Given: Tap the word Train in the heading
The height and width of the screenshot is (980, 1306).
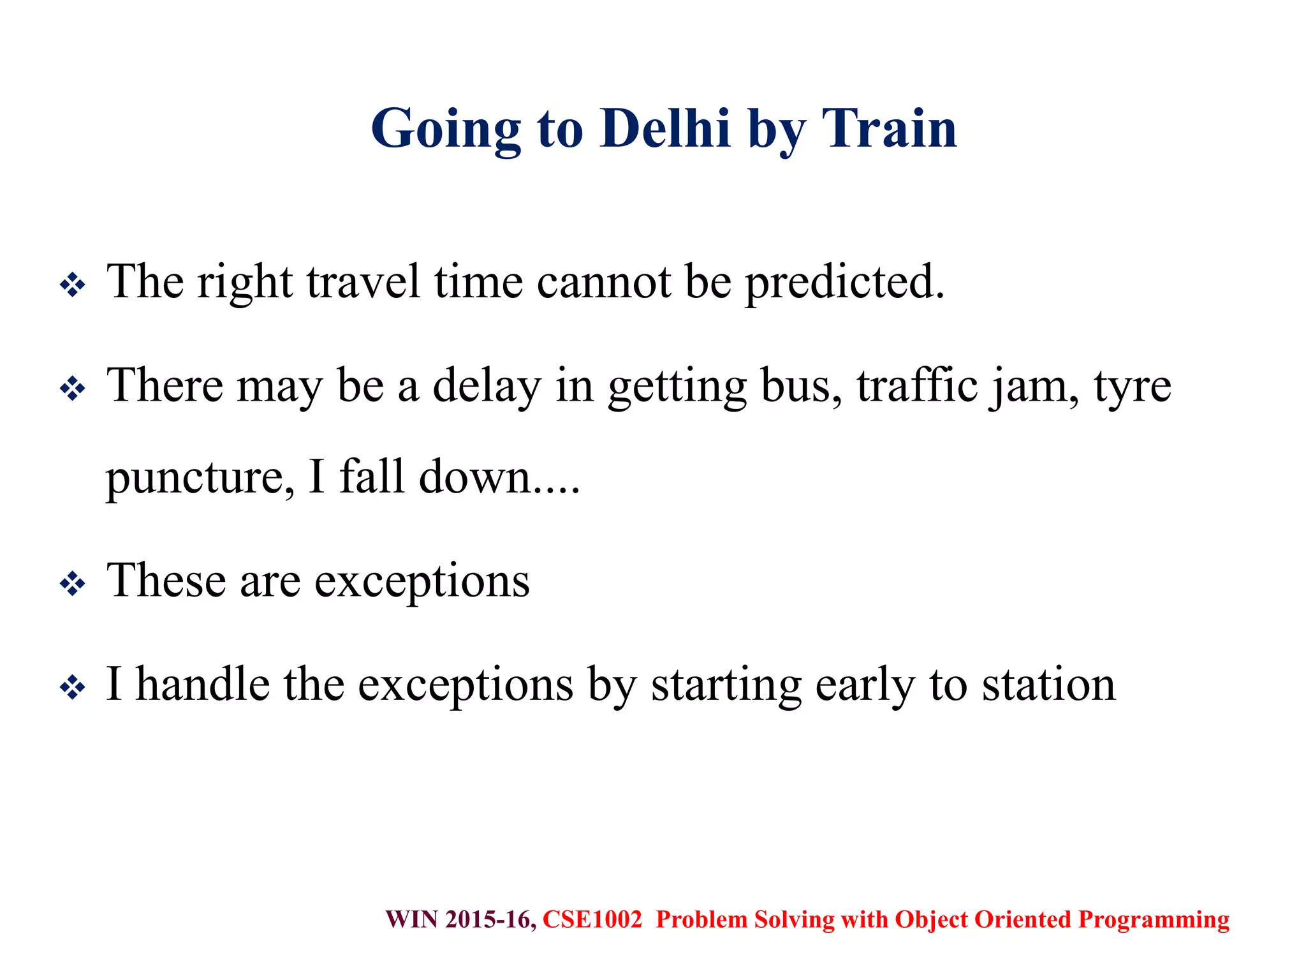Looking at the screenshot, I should point(890,129).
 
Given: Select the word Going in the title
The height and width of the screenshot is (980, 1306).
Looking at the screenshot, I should point(446,130).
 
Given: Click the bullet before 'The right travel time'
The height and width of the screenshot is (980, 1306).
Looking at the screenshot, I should point(72,285).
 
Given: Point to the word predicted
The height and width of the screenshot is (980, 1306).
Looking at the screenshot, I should point(844,283).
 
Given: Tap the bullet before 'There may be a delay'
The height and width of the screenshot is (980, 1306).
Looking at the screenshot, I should point(72,389).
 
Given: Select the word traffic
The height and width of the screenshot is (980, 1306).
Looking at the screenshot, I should point(917,386).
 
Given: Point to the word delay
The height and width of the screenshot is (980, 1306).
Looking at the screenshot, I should point(487,387).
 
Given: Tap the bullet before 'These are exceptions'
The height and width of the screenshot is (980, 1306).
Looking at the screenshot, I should point(72,583).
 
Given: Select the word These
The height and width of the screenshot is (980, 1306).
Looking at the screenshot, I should point(166,581).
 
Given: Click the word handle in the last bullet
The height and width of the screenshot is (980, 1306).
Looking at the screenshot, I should point(203,685).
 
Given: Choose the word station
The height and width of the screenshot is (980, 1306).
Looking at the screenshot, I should point(1048,685).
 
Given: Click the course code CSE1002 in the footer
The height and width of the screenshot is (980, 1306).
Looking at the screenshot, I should point(592,919).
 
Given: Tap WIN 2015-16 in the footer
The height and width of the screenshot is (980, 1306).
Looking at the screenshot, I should point(460,919).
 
